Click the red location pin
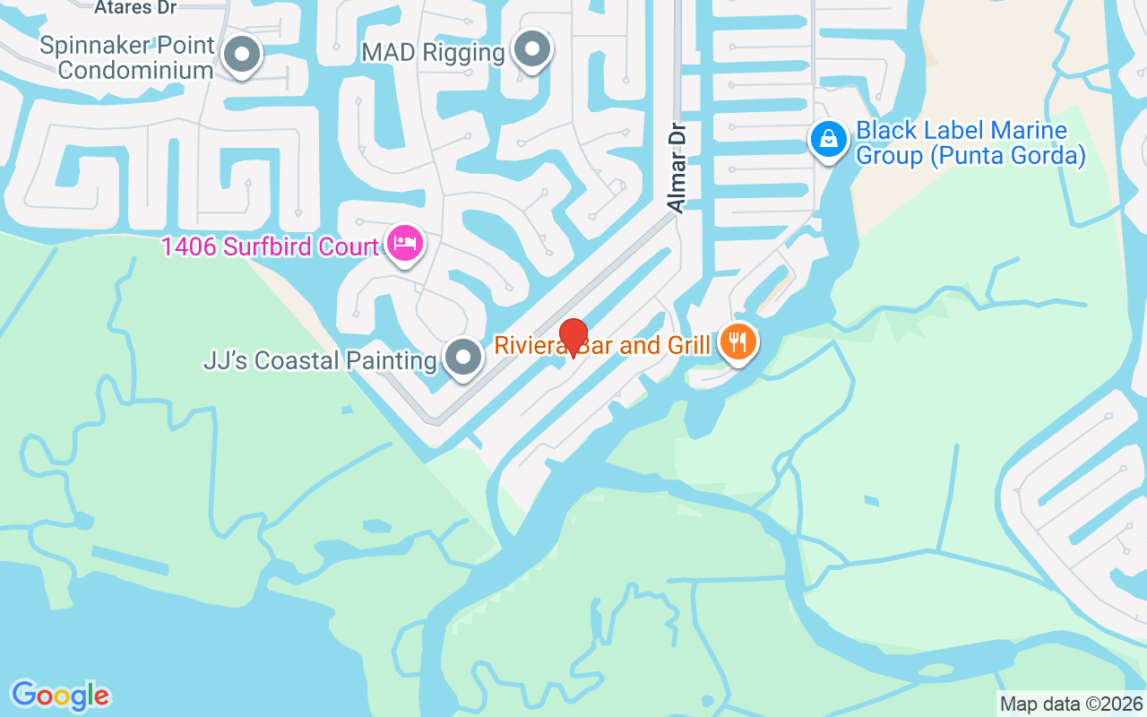point(573,337)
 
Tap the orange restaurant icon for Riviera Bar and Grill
point(737,342)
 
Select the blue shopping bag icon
point(830,140)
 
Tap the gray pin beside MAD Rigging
point(533,50)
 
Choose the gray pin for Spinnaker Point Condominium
point(240,56)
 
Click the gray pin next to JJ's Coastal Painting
point(462,358)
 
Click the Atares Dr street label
point(135,7)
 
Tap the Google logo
point(61,695)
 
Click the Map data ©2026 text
point(1072,704)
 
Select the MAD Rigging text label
point(433,52)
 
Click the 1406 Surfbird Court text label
point(270,246)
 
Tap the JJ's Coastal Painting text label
point(320,361)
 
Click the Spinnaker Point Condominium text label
point(127,57)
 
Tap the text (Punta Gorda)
point(1006,156)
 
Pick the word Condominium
point(135,70)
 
